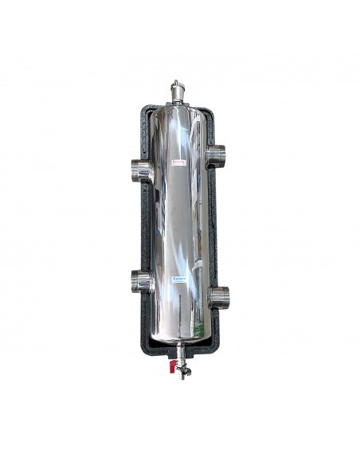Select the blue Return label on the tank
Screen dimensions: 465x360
coord(179,279)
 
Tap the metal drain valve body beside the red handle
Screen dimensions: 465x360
coord(181,368)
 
